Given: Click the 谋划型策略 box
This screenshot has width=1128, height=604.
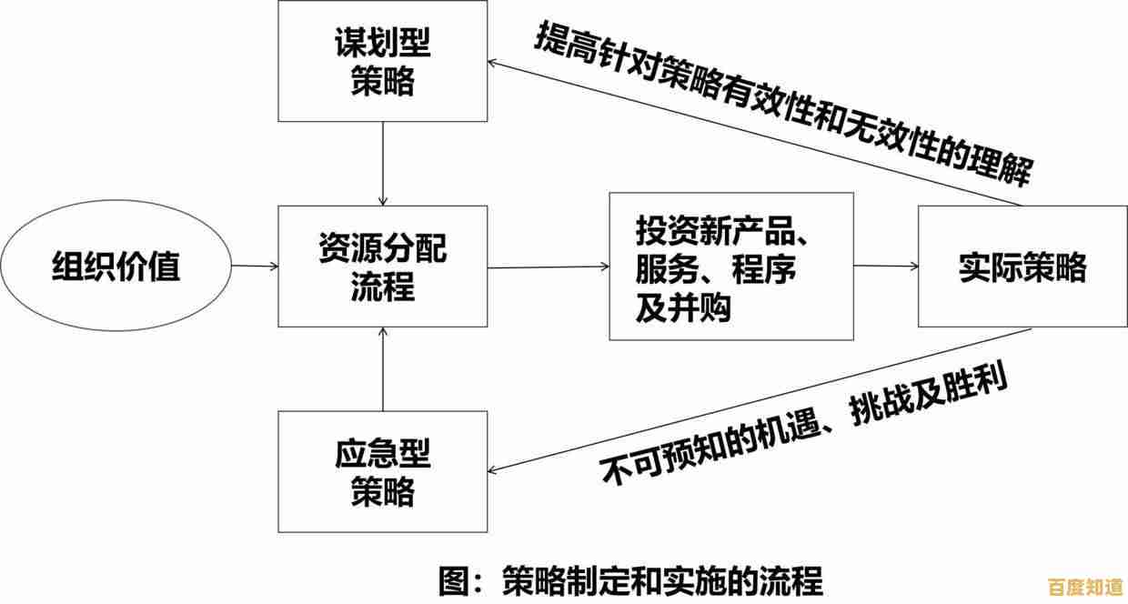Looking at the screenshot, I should pyautogui.click(x=382, y=61).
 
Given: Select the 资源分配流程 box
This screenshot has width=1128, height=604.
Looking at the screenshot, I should pyautogui.click(x=382, y=266).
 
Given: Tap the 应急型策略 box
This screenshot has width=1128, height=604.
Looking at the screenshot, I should pyautogui.click(x=382, y=471).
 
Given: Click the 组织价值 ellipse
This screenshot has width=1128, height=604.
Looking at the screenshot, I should pyautogui.click(x=116, y=267).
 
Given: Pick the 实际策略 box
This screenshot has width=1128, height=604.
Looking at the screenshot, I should pyautogui.click(x=1022, y=267).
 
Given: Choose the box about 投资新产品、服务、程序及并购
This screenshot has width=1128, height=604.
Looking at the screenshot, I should pyautogui.click(x=730, y=267).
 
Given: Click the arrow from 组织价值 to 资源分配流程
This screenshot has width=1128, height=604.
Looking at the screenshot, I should pyautogui.click(x=255, y=267).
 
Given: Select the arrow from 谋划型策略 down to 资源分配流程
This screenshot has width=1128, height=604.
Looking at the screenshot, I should pyautogui.click(x=383, y=164).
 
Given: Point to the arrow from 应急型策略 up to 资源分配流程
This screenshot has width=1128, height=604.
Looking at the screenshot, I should pyautogui.click(x=383, y=368).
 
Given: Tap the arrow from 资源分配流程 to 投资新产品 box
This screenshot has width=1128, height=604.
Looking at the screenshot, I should pyautogui.click(x=549, y=267).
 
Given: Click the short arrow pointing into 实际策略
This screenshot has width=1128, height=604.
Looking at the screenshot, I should pyautogui.click(x=885, y=267).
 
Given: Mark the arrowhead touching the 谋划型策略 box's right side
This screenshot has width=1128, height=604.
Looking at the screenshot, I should pyautogui.click(x=494, y=62).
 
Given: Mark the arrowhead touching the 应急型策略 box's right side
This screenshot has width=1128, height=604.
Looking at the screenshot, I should pyautogui.click(x=494, y=469).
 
